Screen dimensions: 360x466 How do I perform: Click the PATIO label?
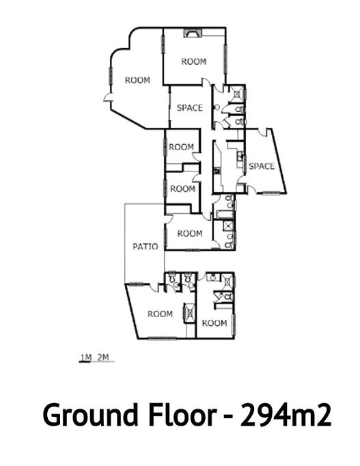pyautogui.click(x=145, y=247)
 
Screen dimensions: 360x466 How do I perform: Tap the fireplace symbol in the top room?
pyautogui.click(x=193, y=32)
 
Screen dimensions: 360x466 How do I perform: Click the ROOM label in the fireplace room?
pyautogui.click(x=194, y=61)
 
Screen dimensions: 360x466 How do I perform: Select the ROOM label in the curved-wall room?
pyautogui.click(x=137, y=80)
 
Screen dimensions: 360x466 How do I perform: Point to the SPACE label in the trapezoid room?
pyautogui.click(x=262, y=166)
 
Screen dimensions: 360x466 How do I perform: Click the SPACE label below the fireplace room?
pyautogui.click(x=190, y=107)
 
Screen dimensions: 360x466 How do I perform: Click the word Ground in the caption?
pyautogui.click(x=91, y=415)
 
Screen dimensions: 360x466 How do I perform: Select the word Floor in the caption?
pyautogui.click(x=182, y=414)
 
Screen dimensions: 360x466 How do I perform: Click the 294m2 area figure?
pyautogui.click(x=286, y=414)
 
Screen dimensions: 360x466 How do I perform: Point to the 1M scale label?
pyautogui.click(x=86, y=357)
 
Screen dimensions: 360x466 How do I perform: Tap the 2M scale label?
pyautogui.click(x=103, y=357)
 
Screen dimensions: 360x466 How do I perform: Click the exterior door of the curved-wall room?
pyautogui.click(x=107, y=98)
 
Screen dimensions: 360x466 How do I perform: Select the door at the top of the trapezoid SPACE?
pyautogui.click(x=262, y=133)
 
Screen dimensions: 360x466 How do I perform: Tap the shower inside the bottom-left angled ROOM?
pyautogui.click(x=190, y=312)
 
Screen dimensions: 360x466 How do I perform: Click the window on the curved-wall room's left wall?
pyautogui.click(x=111, y=75)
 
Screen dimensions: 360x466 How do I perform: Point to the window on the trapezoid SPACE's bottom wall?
pyautogui.click(x=271, y=193)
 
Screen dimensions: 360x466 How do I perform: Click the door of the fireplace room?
pyautogui.click(x=206, y=82)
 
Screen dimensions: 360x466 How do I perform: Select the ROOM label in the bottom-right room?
pyautogui.click(x=214, y=323)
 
